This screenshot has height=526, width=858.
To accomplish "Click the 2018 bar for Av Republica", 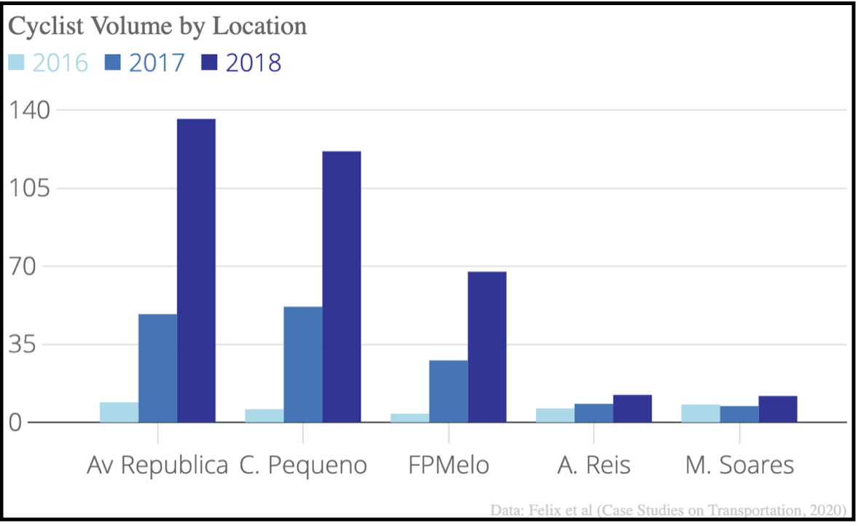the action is point(196,270).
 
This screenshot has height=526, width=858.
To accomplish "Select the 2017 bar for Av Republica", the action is point(157,368).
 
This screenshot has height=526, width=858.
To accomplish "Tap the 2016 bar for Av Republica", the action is point(119,412).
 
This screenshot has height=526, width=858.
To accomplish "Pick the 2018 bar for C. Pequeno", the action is point(342,287).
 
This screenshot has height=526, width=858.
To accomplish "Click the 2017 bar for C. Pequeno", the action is point(303,364).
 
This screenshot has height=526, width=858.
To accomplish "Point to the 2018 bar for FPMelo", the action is point(487,347).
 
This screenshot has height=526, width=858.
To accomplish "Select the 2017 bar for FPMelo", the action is point(449,391).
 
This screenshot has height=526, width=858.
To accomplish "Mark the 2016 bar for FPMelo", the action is point(410,417).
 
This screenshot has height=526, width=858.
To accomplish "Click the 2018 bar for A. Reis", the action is point(632,408).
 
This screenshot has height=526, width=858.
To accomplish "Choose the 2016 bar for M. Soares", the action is point(701,413).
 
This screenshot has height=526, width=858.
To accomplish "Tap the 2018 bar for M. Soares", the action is point(778,409).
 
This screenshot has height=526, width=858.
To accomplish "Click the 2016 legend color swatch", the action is point(17,63).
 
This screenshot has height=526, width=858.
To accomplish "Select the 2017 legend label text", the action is point(157,63).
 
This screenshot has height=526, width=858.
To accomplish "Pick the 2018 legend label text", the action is point(253,63).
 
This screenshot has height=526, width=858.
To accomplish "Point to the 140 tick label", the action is point(30,110).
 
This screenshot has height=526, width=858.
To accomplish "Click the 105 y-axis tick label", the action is point(30,188).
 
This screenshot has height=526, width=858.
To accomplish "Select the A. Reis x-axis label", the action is point(594,466).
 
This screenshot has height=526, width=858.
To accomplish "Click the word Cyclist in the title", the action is point(46,26).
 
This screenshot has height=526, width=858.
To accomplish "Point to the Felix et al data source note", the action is point(668,510).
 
